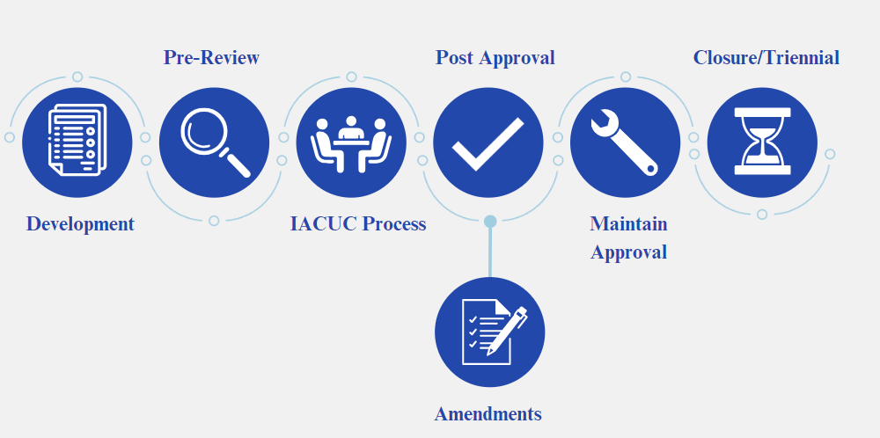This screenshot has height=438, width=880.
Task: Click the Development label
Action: [x=80, y=224]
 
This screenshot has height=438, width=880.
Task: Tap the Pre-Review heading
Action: [x=211, y=58]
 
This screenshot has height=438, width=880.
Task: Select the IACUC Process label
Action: [x=357, y=224]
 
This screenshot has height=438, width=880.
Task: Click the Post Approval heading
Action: [x=495, y=58]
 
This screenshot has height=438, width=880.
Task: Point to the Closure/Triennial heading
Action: [x=766, y=58]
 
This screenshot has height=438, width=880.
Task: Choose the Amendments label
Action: [x=488, y=414]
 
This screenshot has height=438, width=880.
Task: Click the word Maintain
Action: [x=628, y=224]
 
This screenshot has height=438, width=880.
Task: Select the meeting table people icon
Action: [x=352, y=142]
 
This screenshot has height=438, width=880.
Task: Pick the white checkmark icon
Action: [x=488, y=142]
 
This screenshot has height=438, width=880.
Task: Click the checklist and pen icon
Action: [x=490, y=332]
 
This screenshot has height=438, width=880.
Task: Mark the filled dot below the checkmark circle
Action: [x=490, y=221]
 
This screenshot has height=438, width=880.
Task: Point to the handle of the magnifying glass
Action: [x=236, y=164]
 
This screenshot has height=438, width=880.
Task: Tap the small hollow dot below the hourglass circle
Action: [x=762, y=215]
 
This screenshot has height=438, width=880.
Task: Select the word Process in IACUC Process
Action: [x=393, y=224]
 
